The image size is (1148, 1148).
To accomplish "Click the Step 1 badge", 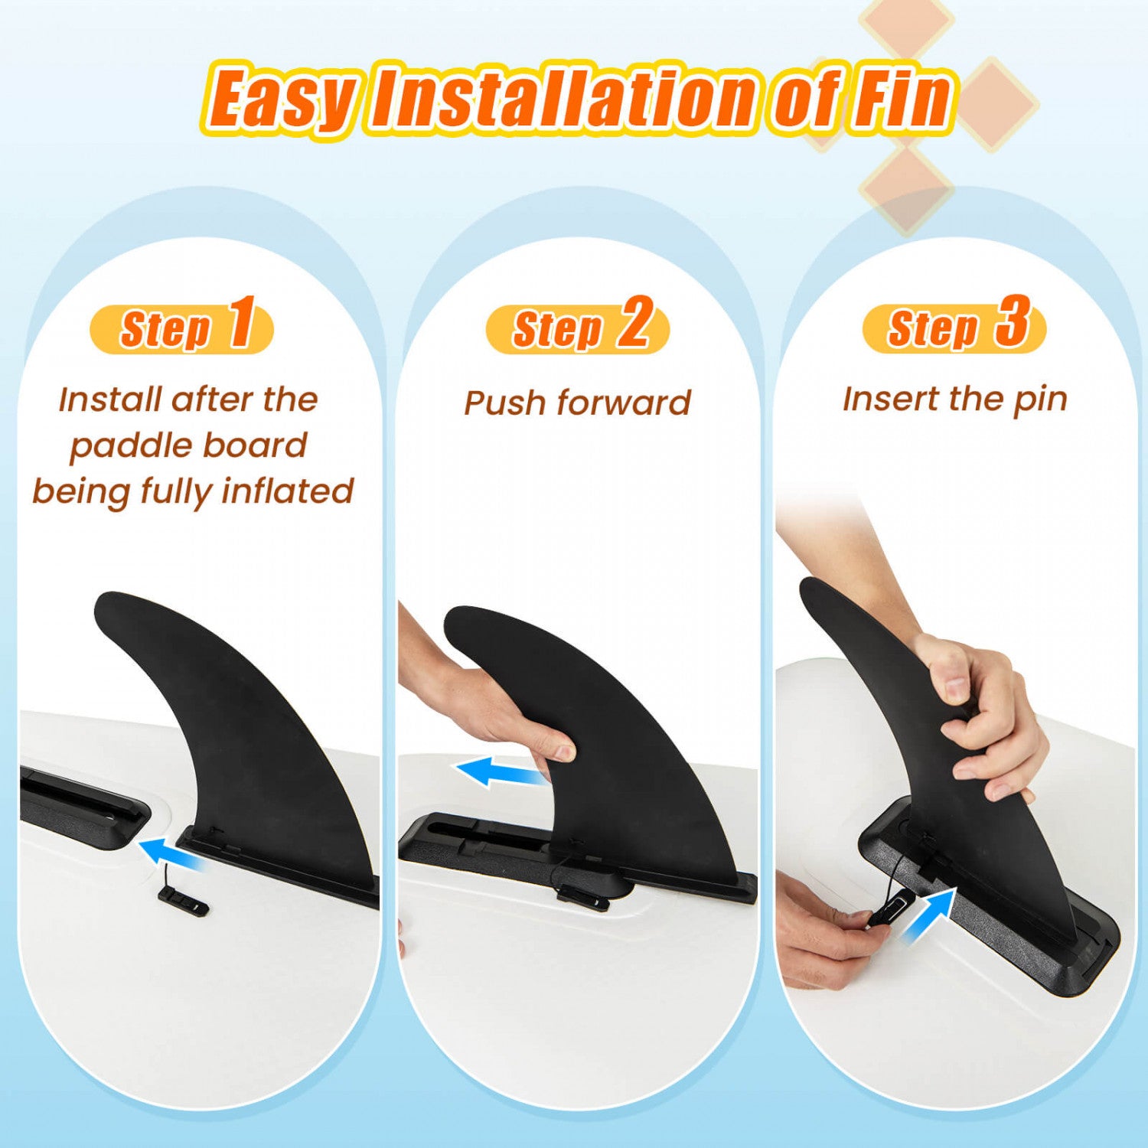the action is [x=182, y=328].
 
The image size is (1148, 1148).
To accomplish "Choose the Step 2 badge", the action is [x=578, y=328].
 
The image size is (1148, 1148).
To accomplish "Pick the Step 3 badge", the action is [x=954, y=327].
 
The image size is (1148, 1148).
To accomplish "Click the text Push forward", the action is [x=578, y=403].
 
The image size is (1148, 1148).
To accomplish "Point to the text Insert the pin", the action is [x=955, y=400].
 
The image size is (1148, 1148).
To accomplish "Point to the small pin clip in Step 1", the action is [x=184, y=902].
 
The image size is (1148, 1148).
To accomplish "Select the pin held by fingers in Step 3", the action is [x=889, y=913].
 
